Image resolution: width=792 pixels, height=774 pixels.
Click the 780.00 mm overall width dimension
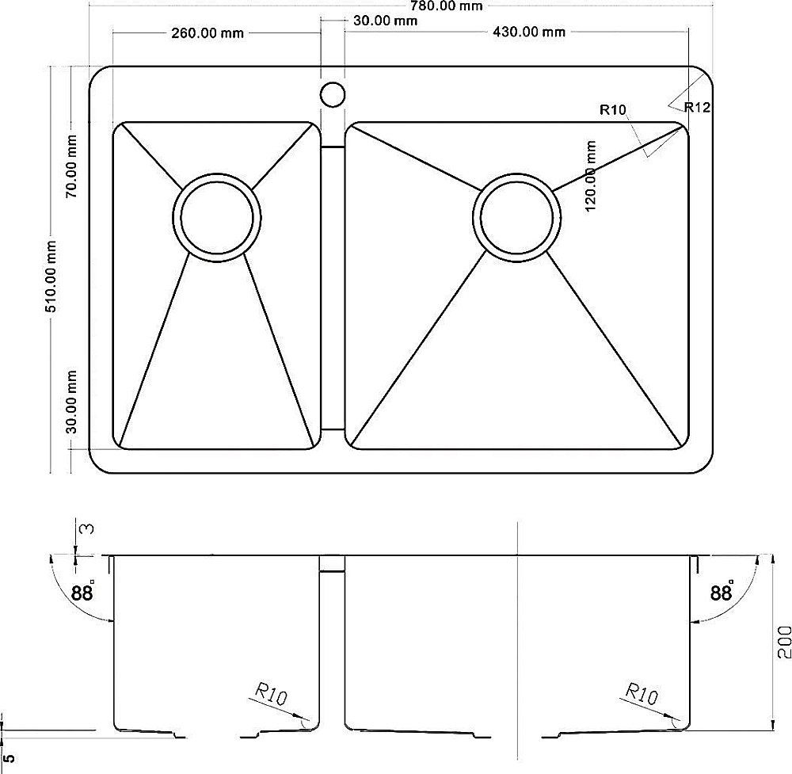click(x=446, y=6)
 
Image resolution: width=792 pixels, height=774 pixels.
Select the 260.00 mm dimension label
click(x=208, y=33)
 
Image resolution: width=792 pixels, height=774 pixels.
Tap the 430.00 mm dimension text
click(x=529, y=32)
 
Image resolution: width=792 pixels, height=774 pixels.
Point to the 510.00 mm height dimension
click(x=51, y=276)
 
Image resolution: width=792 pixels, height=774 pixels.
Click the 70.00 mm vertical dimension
click(x=71, y=166)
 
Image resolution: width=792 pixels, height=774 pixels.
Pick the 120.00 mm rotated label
click(x=591, y=176)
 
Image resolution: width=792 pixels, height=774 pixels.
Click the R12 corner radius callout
click(x=698, y=107)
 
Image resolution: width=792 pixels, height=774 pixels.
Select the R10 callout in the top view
click(x=613, y=109)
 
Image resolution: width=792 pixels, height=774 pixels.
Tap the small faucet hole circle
click(x=333, y=94)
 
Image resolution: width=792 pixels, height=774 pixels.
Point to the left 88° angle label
click(x=83, y=591)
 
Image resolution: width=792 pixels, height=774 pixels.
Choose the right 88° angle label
click(x=722, y=591)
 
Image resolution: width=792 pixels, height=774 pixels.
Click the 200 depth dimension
click(x=784, y=642)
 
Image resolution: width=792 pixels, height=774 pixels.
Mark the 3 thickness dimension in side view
click(x=87, y=529)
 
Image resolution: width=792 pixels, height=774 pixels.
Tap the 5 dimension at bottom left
click(x=9, y=759)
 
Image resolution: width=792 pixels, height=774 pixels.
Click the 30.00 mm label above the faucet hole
click(x=386, y=21)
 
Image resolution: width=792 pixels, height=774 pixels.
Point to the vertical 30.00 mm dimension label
click(x=71, y=402)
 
